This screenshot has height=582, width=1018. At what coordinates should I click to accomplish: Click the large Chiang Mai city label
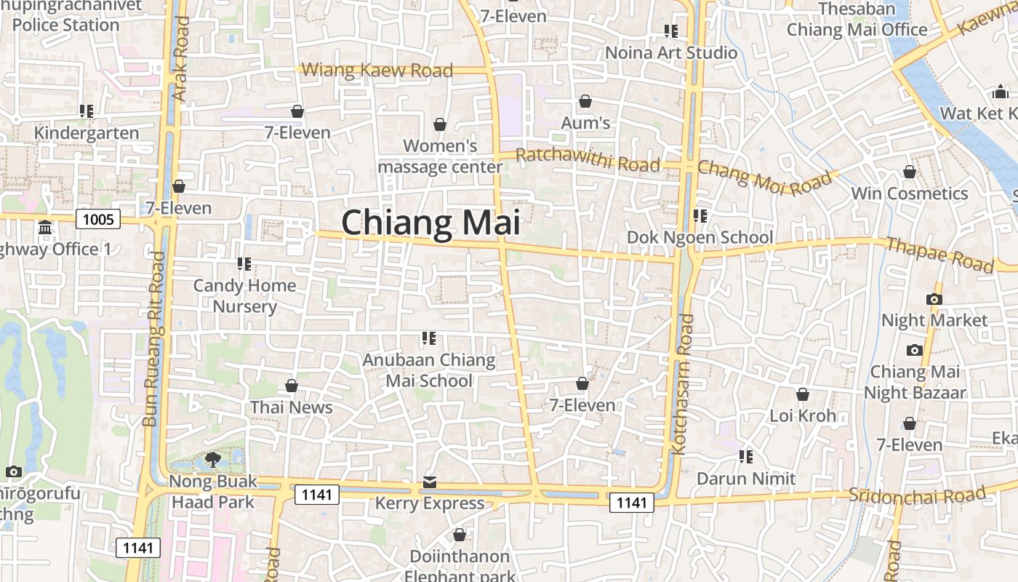click(430, 222)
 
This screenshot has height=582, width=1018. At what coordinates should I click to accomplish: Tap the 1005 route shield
click(98, 219)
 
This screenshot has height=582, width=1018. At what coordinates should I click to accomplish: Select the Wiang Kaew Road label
click(377, 71)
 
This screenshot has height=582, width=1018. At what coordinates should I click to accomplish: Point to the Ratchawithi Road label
click(588, 159)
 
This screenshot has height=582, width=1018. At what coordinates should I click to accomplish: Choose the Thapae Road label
click(939, 254)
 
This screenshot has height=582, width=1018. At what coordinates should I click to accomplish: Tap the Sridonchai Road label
click(918, 495)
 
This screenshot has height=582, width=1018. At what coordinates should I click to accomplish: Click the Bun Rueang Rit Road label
click(156, 339)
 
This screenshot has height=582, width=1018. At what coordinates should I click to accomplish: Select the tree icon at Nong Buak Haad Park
click(213, 458)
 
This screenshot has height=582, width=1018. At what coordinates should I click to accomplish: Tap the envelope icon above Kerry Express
click(430, 482)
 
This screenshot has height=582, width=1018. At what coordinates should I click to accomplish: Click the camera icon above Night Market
click(934, 299)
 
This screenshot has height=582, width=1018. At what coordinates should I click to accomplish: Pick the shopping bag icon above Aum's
click(585, 101)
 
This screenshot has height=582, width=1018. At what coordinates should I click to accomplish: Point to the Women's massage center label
click(440, 156)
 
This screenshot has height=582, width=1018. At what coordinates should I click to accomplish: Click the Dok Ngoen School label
click(700, 238)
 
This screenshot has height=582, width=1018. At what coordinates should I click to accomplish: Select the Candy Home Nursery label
click(244, 295)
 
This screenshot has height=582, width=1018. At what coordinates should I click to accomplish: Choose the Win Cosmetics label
click(909, 194)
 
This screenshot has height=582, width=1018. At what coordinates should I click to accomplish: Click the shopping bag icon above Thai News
click(292, 385)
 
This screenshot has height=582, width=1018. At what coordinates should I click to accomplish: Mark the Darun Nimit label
click(746, 479)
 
